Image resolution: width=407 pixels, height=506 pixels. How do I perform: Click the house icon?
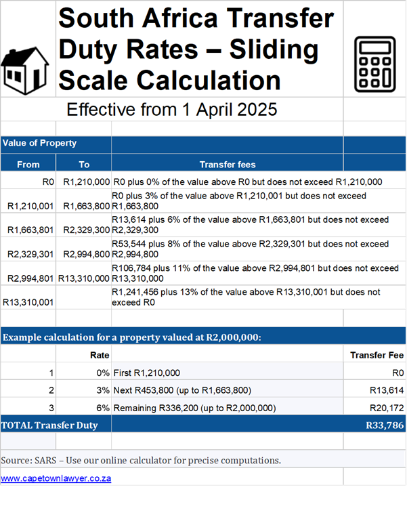pyautogui.click(x=26, y=67)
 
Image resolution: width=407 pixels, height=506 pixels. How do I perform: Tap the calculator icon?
pyautogui.click(x=374, y=64)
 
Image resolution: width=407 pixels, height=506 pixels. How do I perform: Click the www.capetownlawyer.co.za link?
pyautogui.click(x=56, y=478)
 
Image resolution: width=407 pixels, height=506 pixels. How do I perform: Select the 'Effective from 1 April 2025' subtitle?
pyautogui.click(x=172, y=109)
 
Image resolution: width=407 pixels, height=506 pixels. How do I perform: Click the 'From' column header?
pyautogui.click(x=28, y=164)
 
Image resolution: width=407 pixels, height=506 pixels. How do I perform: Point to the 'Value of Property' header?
pyautogui.click(x=39, y=144)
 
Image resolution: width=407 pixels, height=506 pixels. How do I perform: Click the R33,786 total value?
pyautogui.click(x=385, y=425)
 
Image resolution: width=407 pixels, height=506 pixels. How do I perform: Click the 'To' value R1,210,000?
pyautogui.click(x=86, y=182)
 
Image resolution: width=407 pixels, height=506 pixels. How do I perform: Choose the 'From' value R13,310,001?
pyautogui.click(x=29, y=302)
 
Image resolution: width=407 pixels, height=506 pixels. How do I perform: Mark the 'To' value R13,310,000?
pyautogui.click(x=84, y=278)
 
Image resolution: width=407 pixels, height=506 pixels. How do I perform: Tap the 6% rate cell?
pyautogui.click(x=101, y=408)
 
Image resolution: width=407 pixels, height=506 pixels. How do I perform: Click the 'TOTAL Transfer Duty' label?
pyautogui.click(x=49, y=425)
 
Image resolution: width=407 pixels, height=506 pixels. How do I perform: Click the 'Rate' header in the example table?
pyautogui.click(x=100, y=354)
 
